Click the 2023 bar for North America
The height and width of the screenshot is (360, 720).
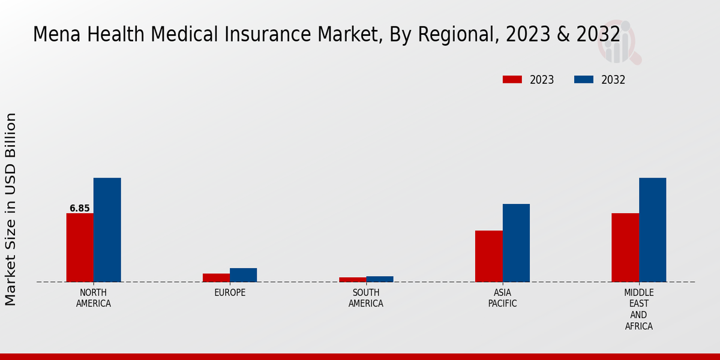(x=80, y=247)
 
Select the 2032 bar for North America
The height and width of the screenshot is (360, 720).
(x=107, y=230)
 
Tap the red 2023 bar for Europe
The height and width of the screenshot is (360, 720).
(x=216, y=277)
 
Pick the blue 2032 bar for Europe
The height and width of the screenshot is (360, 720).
(x=243, y=275)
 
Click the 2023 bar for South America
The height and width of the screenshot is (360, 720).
(x=352, y=279)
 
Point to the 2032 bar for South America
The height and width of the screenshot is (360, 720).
(x=380, y=279)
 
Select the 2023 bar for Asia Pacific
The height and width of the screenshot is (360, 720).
(x=488, y=256)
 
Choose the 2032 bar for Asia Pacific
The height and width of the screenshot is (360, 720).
(x=516, y=243)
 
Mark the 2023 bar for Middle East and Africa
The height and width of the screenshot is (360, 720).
(x=625, y=247)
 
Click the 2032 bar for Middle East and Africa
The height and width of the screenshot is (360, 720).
(x=652, y=230)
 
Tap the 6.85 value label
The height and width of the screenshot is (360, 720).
(x=80, y=209)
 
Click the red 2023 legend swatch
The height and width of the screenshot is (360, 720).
(x=512, y=80)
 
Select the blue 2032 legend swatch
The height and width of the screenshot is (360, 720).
(x=584, y=80)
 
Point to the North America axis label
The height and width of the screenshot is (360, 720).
(x=94, y=298)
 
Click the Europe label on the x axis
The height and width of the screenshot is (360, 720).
(x=230, y=293)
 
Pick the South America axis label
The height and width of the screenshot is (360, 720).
(x=366, y=298)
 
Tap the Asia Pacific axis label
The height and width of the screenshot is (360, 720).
(x=503, y=298)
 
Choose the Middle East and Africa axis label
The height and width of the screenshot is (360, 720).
(x=639, y=310)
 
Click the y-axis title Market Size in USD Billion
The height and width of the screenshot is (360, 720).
(x=11, y=209)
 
